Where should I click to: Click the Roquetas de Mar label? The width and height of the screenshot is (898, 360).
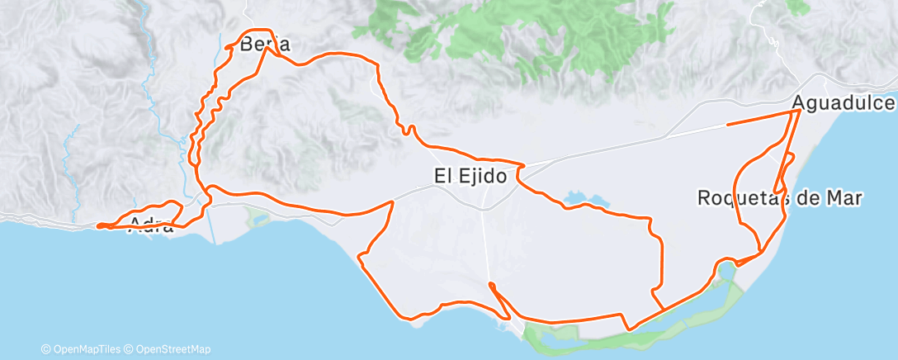click(x=780, y=198)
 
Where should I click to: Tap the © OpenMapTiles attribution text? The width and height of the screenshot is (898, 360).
click(x=86, y=349)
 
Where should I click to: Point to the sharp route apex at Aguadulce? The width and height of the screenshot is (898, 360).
click(x=799, y=110)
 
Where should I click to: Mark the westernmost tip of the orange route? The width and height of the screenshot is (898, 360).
click(x=97, y=225)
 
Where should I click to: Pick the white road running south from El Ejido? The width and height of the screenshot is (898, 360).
click(x=485, y=239)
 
